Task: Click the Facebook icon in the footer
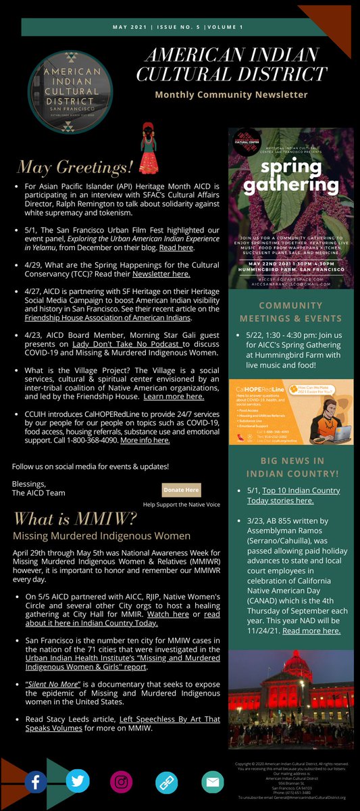click(x=36, y=783)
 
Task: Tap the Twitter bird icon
click(x=78, y=781)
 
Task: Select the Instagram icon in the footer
click(x=122, y=782)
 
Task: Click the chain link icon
click(x=166, y=783)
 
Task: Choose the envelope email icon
click(x=212, y=782)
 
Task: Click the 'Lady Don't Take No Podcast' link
click(x=151, y=344)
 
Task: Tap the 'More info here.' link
click(x=145, y=440)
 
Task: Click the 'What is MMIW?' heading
click(x=75, y=519)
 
